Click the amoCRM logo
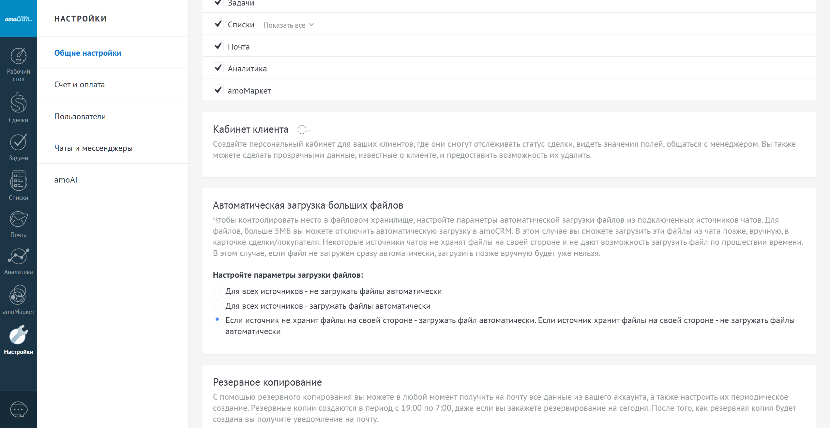(18, 19)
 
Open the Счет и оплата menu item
(80, 85)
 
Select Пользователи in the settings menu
(80, 117)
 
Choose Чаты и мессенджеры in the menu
(93, 148)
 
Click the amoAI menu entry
(66, 180)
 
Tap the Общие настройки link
(87, 53)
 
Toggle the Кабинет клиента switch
(304, 130)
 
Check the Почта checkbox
(218, 46)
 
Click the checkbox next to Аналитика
(218, 68)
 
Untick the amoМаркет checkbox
(218, 90)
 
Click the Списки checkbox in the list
(218, 24)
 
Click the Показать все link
(284, 25)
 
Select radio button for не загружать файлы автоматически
(217, 290)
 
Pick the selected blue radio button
(217, 319)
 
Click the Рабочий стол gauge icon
(19, 56)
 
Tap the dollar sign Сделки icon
(19, 103)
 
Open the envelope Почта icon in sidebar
(19, 219)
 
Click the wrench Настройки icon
(19, 335)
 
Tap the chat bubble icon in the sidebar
(19, 409)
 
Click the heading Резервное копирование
(267, 382)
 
